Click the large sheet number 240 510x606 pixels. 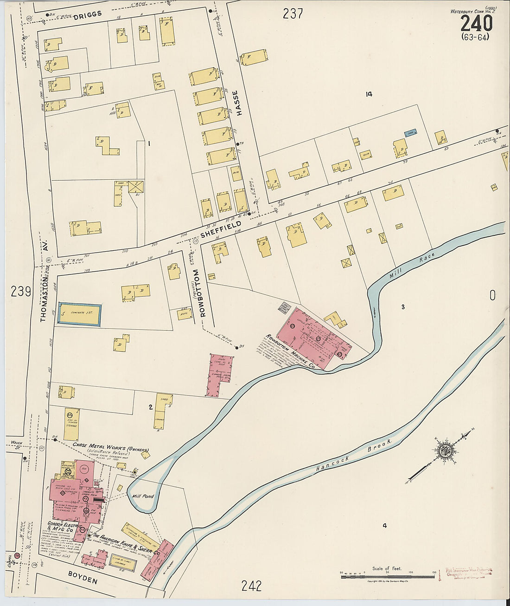click(476, 23)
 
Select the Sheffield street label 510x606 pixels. click(221, 227)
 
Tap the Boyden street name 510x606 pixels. click(83, 580)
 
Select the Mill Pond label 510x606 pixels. click(142, 497)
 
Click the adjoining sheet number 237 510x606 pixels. click(293, 14)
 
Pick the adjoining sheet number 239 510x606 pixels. click(21, 292)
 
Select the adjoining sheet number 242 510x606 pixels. click(251, 586)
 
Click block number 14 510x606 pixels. click(369, 94)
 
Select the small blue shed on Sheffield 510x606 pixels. click(410, 133)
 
